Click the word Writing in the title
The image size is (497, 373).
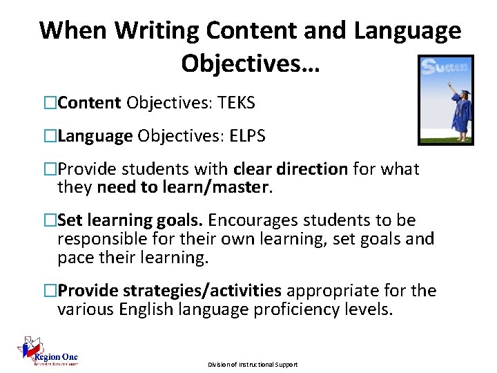157,31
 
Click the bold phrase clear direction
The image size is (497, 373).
291,170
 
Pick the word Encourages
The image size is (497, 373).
251,221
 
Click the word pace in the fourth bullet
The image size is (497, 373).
74,257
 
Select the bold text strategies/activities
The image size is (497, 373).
202,291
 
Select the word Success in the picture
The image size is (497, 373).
445,68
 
